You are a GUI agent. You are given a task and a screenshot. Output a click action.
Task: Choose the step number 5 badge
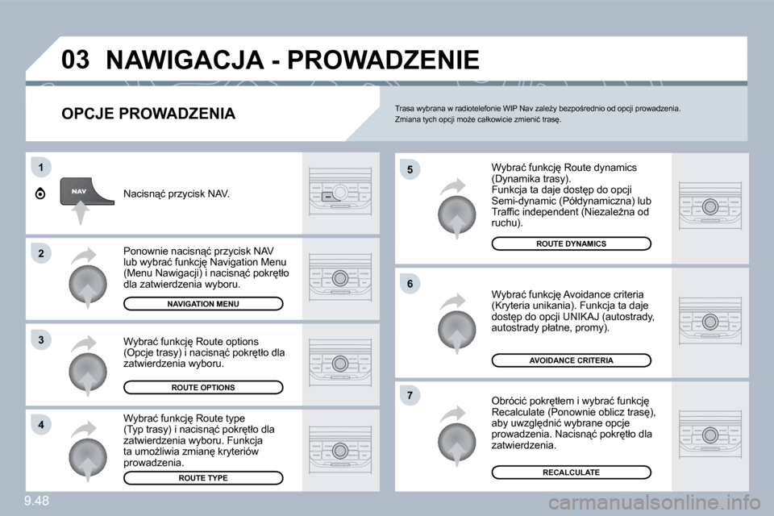coord(410,169)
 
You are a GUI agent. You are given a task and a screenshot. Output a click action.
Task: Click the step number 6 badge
coord(410,284)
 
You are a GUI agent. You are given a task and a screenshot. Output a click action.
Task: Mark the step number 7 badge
coord(410,395)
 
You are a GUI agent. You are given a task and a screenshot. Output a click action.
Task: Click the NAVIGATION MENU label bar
coord(203,303)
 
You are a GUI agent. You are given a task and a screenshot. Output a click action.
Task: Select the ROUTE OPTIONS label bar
coord(203,388)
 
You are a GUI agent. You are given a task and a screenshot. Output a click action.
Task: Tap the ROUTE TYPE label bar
coord(203,478)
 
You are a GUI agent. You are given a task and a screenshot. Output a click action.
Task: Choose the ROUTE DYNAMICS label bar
coord(571,243)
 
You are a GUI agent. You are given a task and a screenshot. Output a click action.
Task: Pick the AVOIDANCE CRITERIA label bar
coord(571,360)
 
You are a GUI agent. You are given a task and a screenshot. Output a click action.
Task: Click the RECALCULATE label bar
coord(571,472)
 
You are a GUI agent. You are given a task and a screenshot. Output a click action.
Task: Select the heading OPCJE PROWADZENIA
coord(148,114)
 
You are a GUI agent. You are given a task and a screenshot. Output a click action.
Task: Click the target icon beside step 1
coord(41,193)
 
